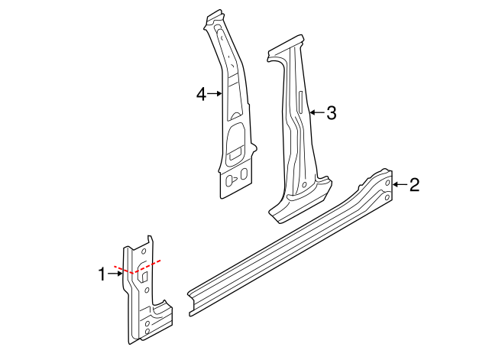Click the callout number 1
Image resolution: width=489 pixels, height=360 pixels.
pos(102,274)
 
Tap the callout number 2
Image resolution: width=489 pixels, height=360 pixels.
pos(414,184)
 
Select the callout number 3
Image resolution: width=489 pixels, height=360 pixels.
pos(331,113)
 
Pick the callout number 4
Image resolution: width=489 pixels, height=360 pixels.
pos(201,94)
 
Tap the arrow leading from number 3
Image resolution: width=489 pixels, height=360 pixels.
pos(316,113)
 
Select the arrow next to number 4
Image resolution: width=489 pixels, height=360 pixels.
pos(215,94)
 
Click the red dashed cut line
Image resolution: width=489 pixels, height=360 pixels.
pos(138,268)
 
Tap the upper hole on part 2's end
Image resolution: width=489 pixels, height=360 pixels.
pos(388,184)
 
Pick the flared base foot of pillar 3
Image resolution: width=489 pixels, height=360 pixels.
pos(302,200)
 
